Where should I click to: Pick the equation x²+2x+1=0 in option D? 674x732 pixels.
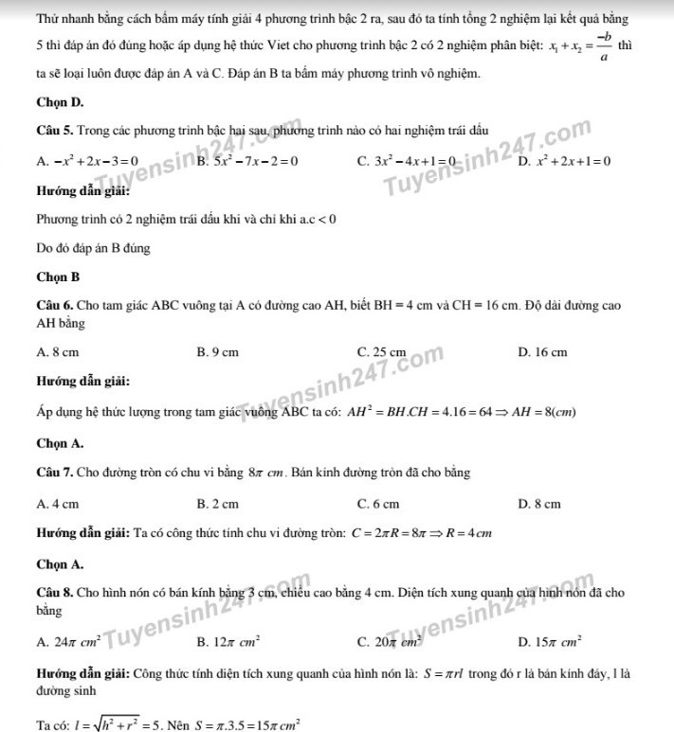(574, 161)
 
